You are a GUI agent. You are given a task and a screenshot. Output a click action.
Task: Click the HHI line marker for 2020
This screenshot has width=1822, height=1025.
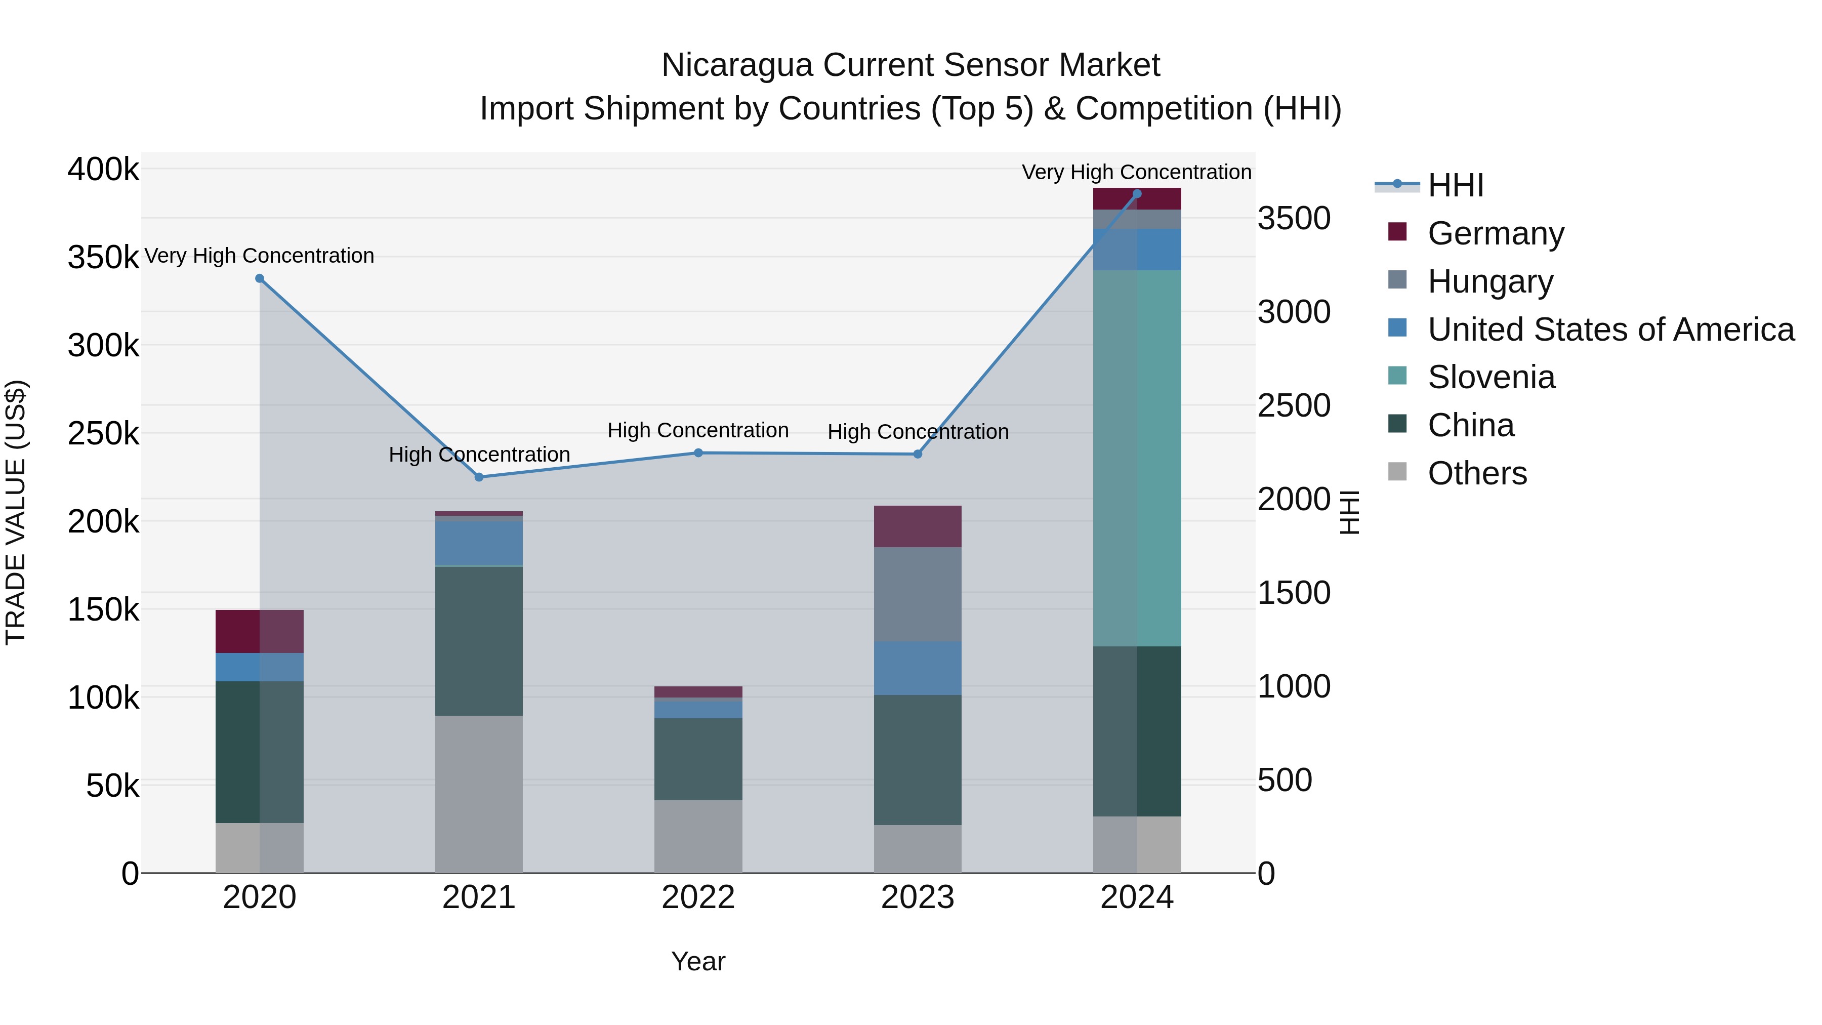click(260, 279)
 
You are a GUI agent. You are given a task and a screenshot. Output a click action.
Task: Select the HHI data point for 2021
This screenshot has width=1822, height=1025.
click(479, 477)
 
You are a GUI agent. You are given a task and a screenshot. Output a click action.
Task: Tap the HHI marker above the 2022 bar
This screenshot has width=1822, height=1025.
click(698, 453)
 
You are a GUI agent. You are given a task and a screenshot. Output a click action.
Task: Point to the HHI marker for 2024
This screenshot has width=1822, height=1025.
click(1137, 194)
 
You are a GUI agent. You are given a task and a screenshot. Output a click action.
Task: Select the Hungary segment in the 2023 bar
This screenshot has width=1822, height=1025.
click(918, 594)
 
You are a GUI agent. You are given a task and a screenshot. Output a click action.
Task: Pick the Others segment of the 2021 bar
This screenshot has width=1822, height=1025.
click(479, 794)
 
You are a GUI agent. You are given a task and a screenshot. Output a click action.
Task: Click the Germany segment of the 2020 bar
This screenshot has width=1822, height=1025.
click(260, 631)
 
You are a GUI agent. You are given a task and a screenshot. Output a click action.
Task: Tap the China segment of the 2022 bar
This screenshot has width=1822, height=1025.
click(698, 759)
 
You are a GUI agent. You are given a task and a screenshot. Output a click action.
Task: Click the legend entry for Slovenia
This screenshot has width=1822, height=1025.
click(1491, 377)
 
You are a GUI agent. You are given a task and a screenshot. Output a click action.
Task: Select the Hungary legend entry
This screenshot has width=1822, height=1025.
click(1490, 281)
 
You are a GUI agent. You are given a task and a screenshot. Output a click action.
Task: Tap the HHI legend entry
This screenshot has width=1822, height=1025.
click(1455, 185)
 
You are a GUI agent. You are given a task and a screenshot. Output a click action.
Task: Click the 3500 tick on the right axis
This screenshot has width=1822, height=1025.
click(1294, 219)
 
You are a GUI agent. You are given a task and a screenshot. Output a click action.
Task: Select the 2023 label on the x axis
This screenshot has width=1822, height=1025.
click(918, 897)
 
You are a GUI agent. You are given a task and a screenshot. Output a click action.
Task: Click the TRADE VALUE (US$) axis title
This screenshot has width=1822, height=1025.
click(16, 512)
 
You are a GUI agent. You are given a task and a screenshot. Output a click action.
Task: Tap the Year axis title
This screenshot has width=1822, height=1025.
click(698, 961)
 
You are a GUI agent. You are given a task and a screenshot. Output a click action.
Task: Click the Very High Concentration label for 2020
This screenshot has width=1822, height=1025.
click(260, 256)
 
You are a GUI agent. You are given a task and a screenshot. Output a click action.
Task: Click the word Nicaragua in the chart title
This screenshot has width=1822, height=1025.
click(737, 65)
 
